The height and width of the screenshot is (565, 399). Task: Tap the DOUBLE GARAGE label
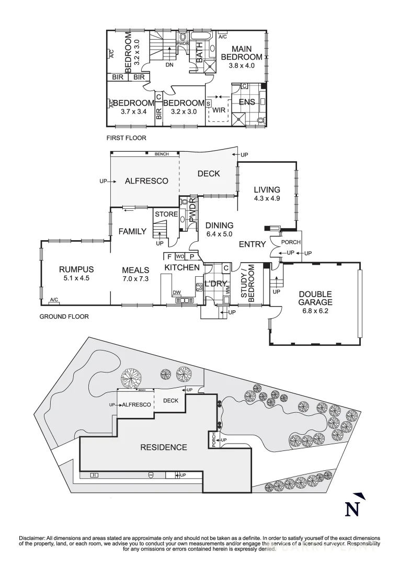coord(315,298)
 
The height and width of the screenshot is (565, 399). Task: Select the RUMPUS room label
coord(76,269)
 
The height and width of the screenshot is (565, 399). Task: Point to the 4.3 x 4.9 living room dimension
coord(267,199)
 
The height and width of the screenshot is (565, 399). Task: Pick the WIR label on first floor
coord(219,111)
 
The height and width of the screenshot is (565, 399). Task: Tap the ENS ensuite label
coord(247,102)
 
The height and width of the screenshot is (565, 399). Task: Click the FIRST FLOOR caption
coord(126,138)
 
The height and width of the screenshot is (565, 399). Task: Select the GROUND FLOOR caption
coord(64,317)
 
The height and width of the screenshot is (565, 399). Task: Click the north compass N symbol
coord(354,507)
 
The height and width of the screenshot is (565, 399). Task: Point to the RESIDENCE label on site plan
coord(163,447)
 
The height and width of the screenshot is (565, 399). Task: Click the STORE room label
coord(166,214)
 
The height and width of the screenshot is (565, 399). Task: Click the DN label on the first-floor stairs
coord(169,65)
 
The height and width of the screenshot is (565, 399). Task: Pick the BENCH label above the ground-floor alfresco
coord(162,154)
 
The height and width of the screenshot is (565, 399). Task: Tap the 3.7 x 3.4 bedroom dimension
coord(133,111)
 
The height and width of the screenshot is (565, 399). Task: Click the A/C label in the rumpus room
coord(54,300)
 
